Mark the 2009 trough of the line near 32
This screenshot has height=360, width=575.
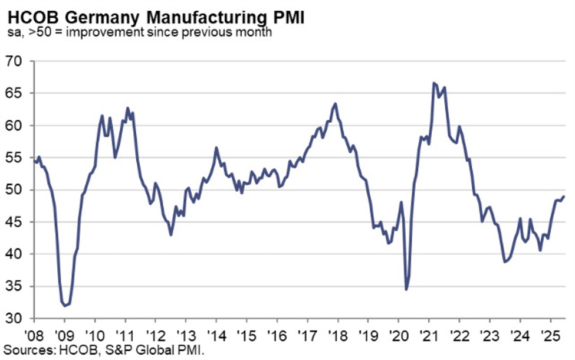[65, 306]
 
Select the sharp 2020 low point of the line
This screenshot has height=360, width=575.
[406, 289]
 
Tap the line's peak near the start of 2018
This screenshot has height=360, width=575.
[335, 104]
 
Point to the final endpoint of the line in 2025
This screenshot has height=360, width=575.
[563, 197]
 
